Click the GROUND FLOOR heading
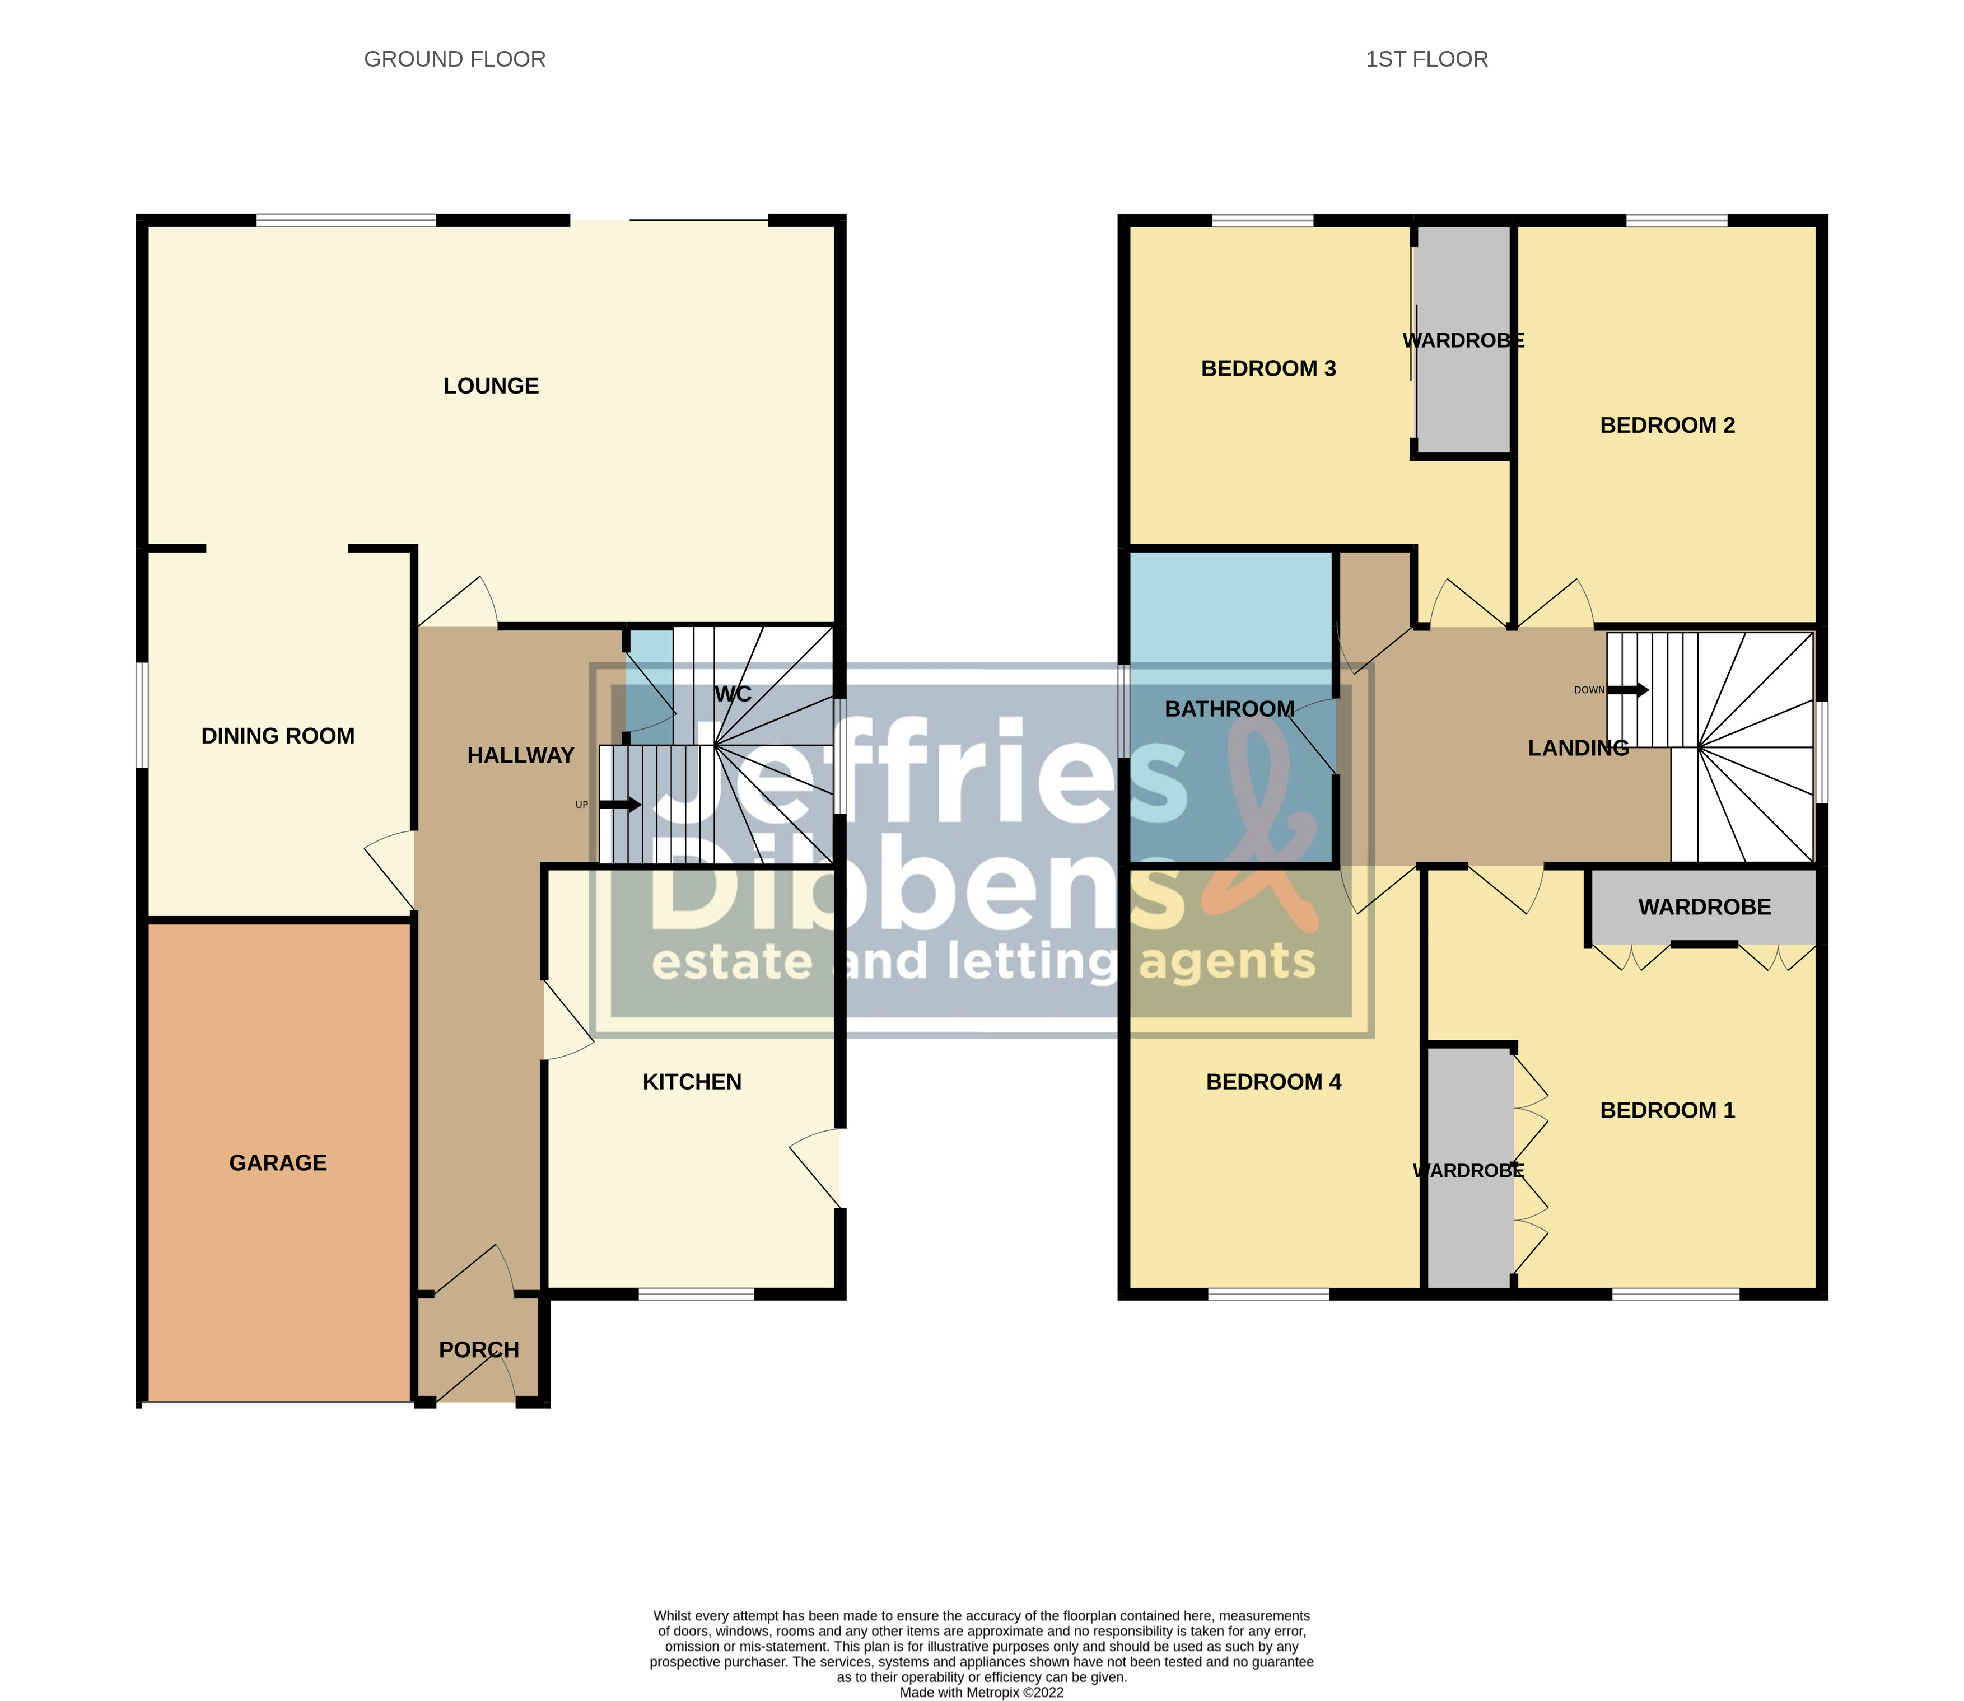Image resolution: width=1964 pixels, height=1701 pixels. click(455, 59)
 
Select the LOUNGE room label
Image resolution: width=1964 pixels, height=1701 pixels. click(491, 385)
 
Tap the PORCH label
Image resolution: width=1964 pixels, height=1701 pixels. click(478, 1350)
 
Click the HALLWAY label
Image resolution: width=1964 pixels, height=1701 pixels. click(520, 755)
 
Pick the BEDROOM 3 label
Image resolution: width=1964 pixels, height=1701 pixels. click(1268, 368)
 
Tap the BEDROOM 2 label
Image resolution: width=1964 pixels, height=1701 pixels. click(1667, 426)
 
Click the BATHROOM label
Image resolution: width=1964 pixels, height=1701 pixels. click(1229, 709)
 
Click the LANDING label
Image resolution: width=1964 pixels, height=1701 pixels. click(1578, 748)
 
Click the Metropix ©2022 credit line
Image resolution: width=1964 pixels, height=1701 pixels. click(982, 1691)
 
